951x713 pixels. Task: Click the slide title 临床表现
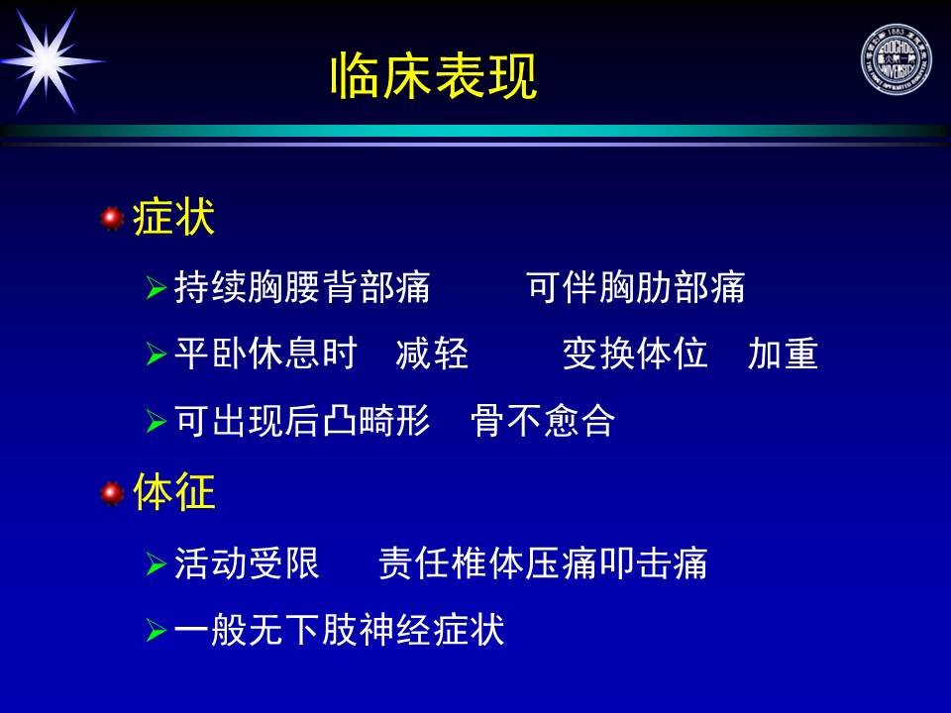[x=434, y=76]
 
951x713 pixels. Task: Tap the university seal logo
[x=897, y=60]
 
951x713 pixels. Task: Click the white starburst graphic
[x=49, y=61]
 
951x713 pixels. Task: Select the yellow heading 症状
[x=173, y=217]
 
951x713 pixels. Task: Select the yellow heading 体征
[x=174, y=491]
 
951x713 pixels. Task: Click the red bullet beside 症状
[x=112, y=218]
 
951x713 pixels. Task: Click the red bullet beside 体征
[x=112, y=493]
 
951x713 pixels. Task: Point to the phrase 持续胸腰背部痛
[x=302, y=287]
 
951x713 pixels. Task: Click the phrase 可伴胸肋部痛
[x=635, y=287]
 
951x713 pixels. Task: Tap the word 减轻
[x=432, y=354]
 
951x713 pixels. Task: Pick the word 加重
[x=783, y=354]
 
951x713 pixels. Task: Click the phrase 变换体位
[x=635, y=354]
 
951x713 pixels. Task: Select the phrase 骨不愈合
[x=543, y=420]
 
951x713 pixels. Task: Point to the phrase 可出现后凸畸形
[x=302, y=420]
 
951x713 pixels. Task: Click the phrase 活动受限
[x=247, y=563]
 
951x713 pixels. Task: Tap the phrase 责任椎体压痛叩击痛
[x=543, y=563]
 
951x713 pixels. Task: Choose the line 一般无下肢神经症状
[x=339, y=630]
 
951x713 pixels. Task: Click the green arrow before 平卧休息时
[x=156, y=355]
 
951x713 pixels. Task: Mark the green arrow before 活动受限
[x=156, y=563]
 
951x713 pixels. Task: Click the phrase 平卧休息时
[x=265, y=354]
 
